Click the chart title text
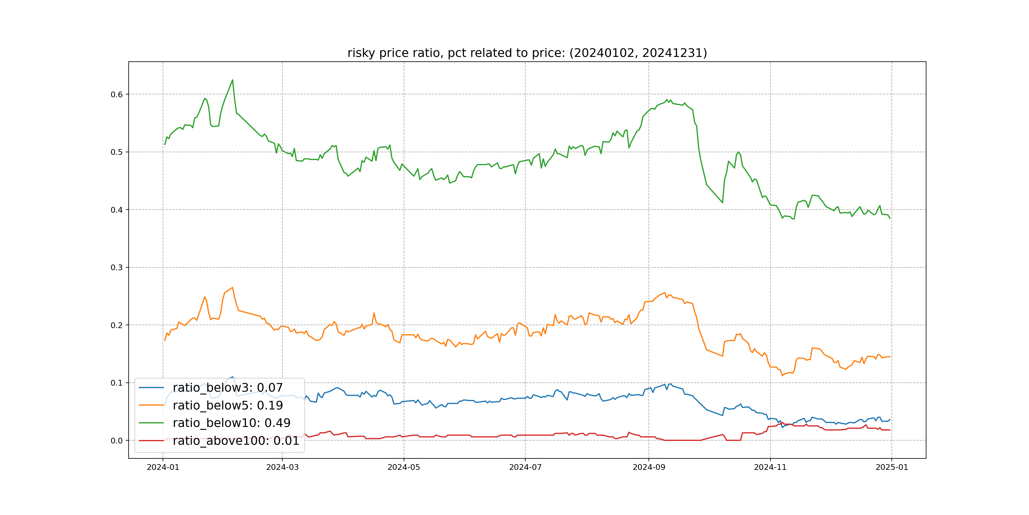click(527, 53)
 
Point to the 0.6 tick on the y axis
click(117, 94)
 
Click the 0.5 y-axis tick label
click(117, 152)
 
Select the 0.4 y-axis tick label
click(117, 210)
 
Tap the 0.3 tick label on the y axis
click(117, 267)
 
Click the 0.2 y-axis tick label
click(117, 325)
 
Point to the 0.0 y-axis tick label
click(117, 441)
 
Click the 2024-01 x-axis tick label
click(163, 467)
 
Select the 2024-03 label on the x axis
click(282, 467)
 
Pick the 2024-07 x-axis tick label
click(525, 467)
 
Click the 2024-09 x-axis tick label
click(649, 467)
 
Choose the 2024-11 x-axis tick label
click(770, 467)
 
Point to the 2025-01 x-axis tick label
click(891, 467)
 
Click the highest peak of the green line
click(232, 80)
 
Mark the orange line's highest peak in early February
click(232, 287)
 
